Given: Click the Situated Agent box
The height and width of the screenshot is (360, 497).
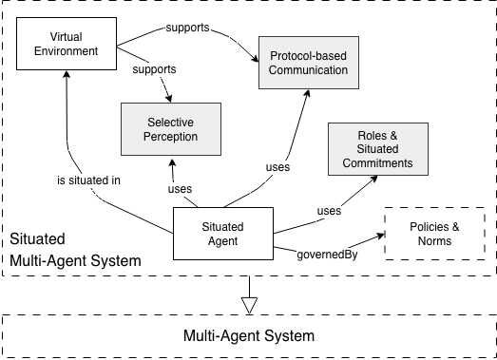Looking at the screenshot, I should pos(223,233).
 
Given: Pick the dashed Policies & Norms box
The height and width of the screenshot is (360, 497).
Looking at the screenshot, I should pos(428,234).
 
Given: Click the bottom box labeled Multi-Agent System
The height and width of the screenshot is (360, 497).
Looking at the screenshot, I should pos(248,335).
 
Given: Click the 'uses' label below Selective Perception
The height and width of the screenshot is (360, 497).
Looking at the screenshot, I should pos(181,188).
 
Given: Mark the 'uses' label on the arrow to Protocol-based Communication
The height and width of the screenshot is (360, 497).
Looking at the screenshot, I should pos(277,168).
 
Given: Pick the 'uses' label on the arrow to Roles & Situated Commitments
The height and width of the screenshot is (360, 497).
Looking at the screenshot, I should pos(328,211).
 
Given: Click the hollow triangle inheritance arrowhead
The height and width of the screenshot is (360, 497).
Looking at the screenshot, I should pos(248,304).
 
